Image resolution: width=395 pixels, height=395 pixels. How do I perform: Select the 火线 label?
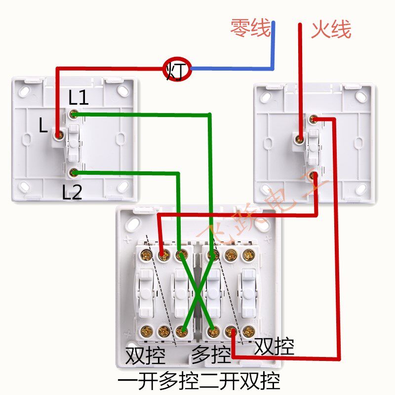[331, 30]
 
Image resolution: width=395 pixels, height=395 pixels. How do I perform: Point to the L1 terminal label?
[79, 98]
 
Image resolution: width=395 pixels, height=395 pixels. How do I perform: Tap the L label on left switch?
[43, 126]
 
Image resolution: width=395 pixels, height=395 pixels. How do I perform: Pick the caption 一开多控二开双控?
[199, 381]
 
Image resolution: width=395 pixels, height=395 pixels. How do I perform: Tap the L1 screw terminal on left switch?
[73, 115]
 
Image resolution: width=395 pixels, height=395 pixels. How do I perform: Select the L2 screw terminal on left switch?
[73, 172]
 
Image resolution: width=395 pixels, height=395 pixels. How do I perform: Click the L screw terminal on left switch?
[59, 134]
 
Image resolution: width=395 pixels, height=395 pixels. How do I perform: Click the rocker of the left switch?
[73, 143]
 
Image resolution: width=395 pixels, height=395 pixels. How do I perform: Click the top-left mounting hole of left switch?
[24, 91]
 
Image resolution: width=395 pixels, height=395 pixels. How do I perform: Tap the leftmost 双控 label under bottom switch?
[145, 355]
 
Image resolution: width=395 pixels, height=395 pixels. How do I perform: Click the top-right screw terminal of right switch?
[313, 119]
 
